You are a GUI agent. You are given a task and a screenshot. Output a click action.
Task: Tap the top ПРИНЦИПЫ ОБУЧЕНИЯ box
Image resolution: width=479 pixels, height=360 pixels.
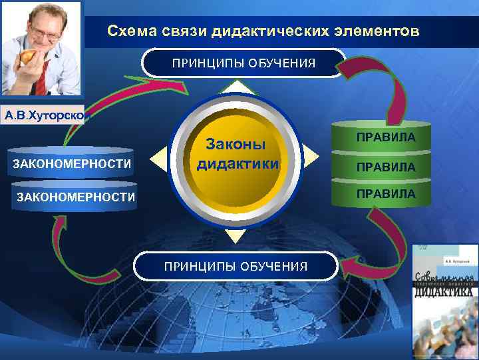pos(244,63)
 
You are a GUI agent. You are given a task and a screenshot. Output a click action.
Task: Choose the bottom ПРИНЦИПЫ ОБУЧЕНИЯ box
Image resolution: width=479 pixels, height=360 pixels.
pos(237,266)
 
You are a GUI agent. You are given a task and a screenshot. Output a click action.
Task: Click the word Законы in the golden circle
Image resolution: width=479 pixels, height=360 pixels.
pos(236,145)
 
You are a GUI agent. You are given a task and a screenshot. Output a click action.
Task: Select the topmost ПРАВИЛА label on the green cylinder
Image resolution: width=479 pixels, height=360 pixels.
pos(385,137)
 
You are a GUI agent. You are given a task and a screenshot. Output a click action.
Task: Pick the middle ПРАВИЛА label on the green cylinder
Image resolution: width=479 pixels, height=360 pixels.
pos(385,167)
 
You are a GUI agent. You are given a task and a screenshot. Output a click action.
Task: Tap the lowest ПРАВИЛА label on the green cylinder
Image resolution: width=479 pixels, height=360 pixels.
pos(385,193)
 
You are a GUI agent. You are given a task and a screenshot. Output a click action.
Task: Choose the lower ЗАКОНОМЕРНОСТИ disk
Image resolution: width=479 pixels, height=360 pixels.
pos(74,197)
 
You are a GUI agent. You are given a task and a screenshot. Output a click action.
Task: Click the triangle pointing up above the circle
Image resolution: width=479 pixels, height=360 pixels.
pos(238,87)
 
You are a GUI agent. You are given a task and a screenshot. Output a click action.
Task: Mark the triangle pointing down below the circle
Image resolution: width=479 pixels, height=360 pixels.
pos(236,235)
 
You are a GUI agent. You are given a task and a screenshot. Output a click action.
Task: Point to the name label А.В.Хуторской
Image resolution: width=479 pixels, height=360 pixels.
pos(43,115)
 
